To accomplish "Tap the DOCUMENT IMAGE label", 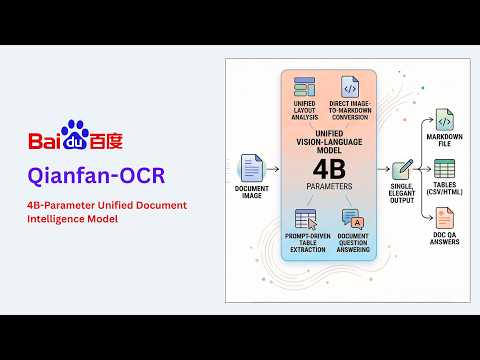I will pyautogui.click(x=251, y=192).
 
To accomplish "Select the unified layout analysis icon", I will pyautogui.click(x=304, y=88).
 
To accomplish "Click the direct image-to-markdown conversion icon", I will pyautogui.click(x=350, y=88).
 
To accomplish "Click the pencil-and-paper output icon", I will pyautogui.click(x=402, y=170).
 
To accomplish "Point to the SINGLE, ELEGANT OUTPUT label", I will pyautogui.click(x=402, y=197).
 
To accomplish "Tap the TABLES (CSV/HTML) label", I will pyautogui.click(x=444, y=191).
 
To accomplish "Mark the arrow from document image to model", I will pyautogui.click(x=273, y=169).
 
